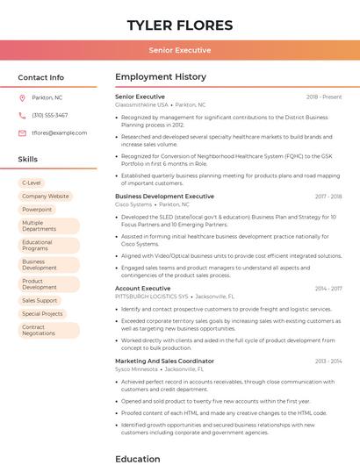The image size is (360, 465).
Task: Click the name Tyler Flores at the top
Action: click(x=180, y=25)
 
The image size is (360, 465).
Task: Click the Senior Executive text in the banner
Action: click(x=180, y=50)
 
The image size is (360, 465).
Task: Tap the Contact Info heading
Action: click(x=41, y=77)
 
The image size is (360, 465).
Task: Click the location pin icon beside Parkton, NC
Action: click(x=22, y=97)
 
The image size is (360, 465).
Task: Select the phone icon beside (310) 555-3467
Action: click(x=22, y=115)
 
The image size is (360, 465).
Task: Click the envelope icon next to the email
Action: click(x=22, y=132)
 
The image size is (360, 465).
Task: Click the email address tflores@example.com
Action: click(x=59, y=132)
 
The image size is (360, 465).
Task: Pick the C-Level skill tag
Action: click(x=32, y=182)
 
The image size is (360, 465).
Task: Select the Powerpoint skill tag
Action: click(x=37, y=210)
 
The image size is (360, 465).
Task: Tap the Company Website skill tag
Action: click(x=45, y=197)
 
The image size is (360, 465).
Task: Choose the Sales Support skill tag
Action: click(x=40, y=300)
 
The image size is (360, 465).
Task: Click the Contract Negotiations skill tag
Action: click(x=39, y=330)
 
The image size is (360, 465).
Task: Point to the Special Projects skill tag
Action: click(x=42, y=313)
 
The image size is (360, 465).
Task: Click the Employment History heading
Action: click(x=161, y=77)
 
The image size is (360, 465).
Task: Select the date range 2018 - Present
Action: click(x=324, y=97)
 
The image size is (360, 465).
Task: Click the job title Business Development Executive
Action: click(x=164, y=197)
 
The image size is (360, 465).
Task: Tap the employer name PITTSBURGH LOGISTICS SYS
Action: click(x=152, y=297)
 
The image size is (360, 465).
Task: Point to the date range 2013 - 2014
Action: click(x=328, y=361)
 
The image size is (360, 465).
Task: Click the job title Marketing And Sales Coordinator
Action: click(x=164, y=361)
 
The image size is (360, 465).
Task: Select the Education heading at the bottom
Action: click(x=138, y=458)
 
